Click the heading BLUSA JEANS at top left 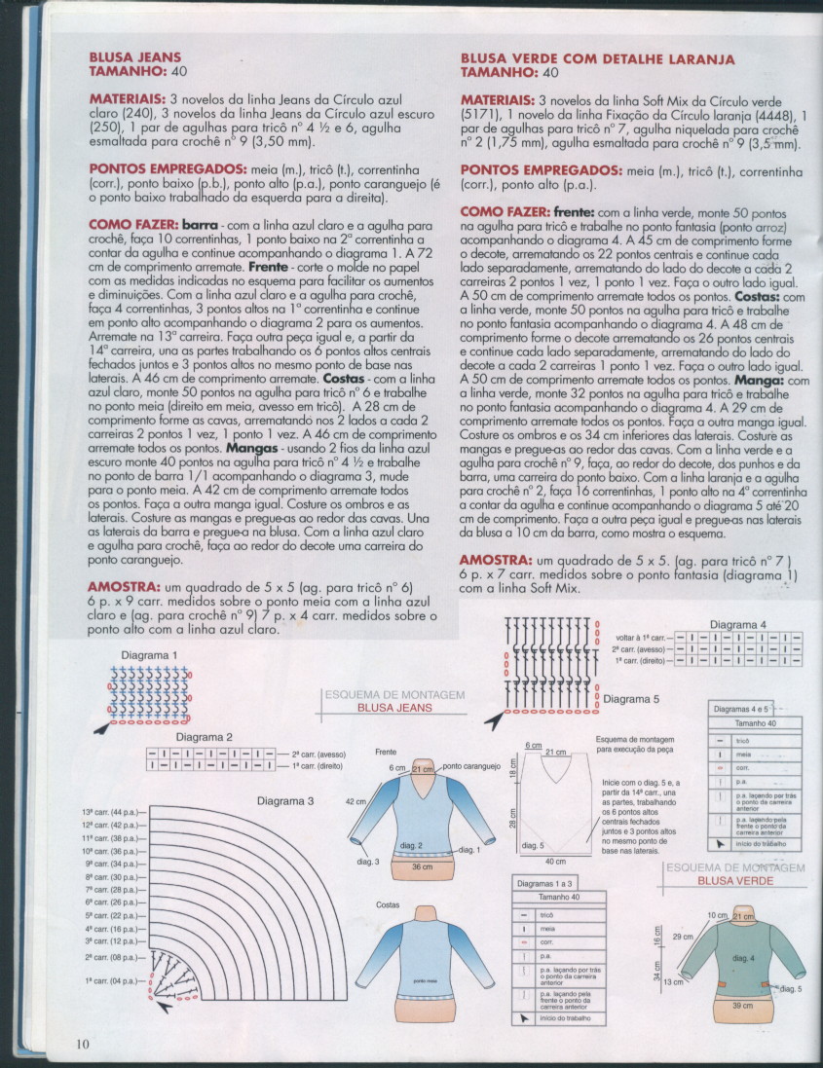click(x=134, y=57)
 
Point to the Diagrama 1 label click(x=150, y=655)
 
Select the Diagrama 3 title click(x=285, y=801)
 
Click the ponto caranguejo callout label click(x=471, y=766)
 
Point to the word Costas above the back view click(x=388, y=904)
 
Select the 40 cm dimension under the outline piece click(x=555, y=862)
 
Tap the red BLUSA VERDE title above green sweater click(x=736, y=880)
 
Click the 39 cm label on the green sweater click(x=741, y=1005)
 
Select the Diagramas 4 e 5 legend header click(x=741, y=709)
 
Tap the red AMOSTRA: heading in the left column click(x=124, y=588)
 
